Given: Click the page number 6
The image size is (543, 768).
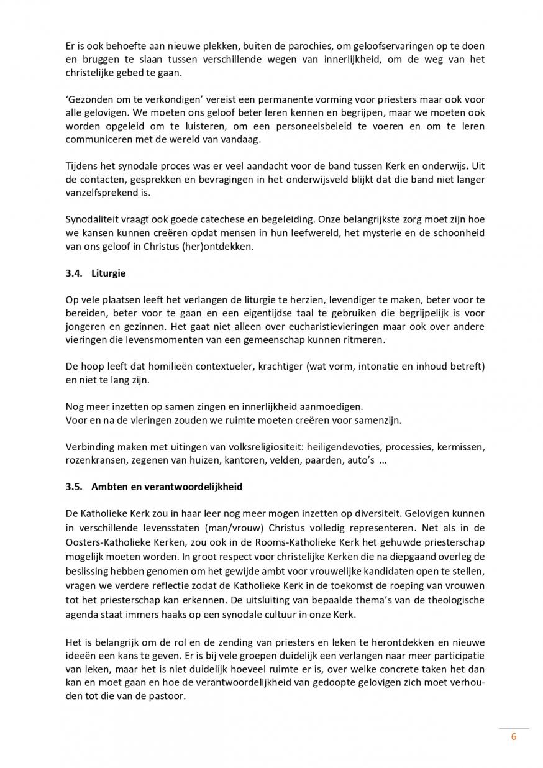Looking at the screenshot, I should point(514,738).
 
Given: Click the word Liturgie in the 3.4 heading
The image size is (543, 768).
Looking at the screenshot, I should point(109,272).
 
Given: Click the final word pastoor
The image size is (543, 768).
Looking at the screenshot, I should point(168,696).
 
